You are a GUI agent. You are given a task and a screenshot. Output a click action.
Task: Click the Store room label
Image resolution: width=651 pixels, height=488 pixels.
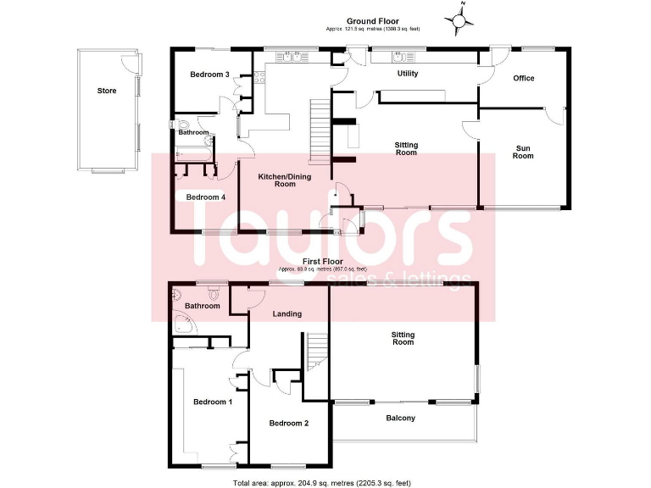(x=106, y=91)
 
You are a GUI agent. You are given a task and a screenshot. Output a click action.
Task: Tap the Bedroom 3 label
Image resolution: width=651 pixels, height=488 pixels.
(x=209, y=75)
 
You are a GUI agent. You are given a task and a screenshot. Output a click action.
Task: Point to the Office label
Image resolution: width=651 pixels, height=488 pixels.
(x=524, y=78)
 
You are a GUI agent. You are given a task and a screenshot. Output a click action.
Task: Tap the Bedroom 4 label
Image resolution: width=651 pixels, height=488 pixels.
(x=206, y=197)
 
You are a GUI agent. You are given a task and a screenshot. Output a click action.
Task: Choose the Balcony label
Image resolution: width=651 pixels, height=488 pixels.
(x=401, y=418)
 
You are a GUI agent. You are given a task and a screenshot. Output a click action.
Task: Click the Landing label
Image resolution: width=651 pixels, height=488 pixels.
(x=287, y=314)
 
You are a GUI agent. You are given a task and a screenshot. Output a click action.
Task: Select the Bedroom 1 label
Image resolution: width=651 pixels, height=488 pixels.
(x=212, y=402)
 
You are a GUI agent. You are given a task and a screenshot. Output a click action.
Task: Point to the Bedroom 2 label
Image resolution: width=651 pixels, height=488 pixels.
(x=288, y=423)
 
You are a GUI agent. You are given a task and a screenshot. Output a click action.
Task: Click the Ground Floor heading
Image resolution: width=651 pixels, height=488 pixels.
(x=372, y=21)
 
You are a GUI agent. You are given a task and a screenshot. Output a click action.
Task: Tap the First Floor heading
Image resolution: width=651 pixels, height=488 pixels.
(x=325, y=262)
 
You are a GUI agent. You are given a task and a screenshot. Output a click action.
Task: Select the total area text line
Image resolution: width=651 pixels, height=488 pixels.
(x=321, y=483)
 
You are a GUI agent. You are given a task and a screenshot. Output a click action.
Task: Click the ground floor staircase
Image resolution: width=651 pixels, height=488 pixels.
(x=319, y=131)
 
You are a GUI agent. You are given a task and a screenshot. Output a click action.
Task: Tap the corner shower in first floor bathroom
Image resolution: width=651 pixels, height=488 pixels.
(x=182, y=327)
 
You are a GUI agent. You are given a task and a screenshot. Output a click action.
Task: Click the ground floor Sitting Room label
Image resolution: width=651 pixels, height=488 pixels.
(x=406, y=149)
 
